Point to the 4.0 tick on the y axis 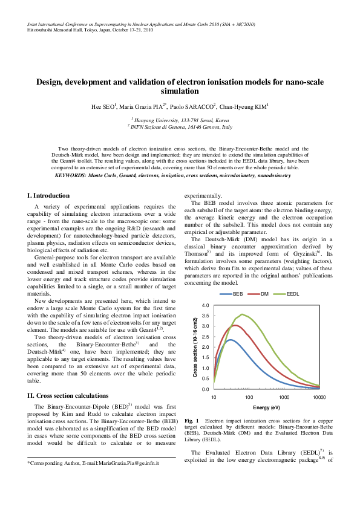point(206,305)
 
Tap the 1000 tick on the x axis point(284,397)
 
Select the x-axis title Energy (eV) point(266,407)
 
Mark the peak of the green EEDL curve point(242,314)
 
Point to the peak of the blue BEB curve point(230,339)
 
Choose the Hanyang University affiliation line point(180,120)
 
